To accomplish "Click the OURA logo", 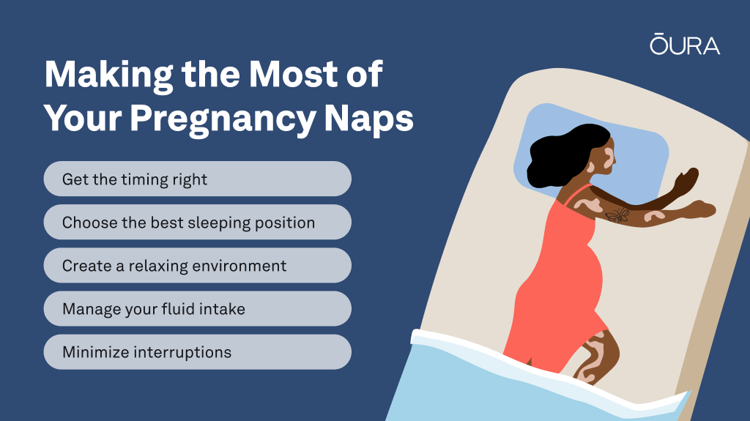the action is tap(685, 44).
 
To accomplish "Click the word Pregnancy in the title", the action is tap(223, 119).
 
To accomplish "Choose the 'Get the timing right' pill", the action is tap(198, 179).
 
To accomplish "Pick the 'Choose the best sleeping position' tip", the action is tap(198, 222).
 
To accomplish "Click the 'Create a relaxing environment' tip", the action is tap(198, 265).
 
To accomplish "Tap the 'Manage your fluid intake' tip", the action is tap(198, 308).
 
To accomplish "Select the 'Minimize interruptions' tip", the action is tap(198, 351).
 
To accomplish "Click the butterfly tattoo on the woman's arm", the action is tap(618, 215).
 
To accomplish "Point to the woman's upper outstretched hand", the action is tap(686, 179).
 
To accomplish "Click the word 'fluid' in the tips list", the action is tap(178, 308).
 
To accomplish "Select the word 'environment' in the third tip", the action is tap(240, 266).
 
